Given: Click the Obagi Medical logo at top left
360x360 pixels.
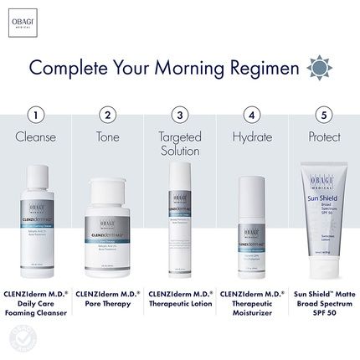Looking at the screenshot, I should tap(28, 18).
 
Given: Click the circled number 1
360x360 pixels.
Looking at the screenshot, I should tap(35, 115).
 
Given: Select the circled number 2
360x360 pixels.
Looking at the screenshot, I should tap(107, 115).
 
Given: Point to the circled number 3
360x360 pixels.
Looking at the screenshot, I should tap(179, 115).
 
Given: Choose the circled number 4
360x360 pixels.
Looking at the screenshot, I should tap(251, 115).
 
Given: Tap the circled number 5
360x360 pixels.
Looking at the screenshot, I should tap(324, 115).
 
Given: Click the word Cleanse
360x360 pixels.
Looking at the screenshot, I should tap(35, 137).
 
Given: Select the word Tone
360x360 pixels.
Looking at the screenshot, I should tap(107, 137).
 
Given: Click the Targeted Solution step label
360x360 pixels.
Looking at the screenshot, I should tap(179, 144).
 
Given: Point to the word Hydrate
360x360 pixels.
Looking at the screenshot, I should tap(251, 137).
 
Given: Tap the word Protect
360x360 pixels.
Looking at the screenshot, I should tap(324, 137).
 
